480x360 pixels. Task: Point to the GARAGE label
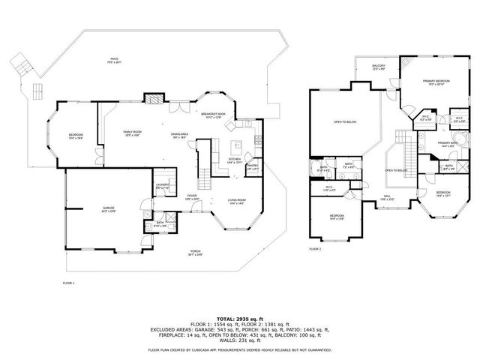[109, 208]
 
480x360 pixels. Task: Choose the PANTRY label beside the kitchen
[253, 167]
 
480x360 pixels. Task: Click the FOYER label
[192, 197]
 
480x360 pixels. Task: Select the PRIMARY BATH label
[448, 145]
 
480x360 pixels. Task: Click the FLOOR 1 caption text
[68, 283]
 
